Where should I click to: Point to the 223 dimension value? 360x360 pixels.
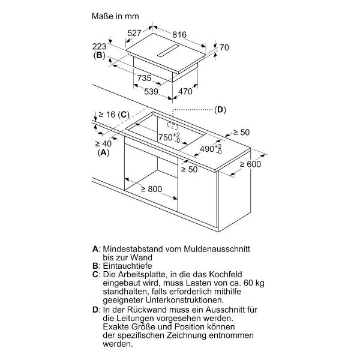(100, 46)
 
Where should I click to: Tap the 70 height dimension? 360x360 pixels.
(225, 47)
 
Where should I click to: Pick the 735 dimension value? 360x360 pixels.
(144, 79)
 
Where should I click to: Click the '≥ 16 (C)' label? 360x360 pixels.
(114, 115)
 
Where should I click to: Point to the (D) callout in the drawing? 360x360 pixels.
(220, 110)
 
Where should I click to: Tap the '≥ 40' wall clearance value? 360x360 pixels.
(103, 143)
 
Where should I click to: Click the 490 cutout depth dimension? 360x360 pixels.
(206, 148)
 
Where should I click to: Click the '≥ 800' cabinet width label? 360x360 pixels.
(151, 189)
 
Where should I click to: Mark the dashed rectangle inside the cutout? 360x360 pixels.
(173, 127)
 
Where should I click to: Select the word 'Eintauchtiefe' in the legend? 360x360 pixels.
(127, 265)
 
